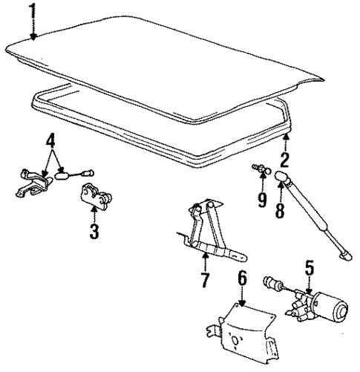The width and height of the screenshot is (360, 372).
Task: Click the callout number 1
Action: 31,11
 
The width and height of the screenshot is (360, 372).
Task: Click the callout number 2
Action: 284,160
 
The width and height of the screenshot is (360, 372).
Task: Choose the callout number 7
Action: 205,280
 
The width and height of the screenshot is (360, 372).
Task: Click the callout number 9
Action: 262,201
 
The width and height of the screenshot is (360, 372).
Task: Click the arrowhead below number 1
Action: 32,38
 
